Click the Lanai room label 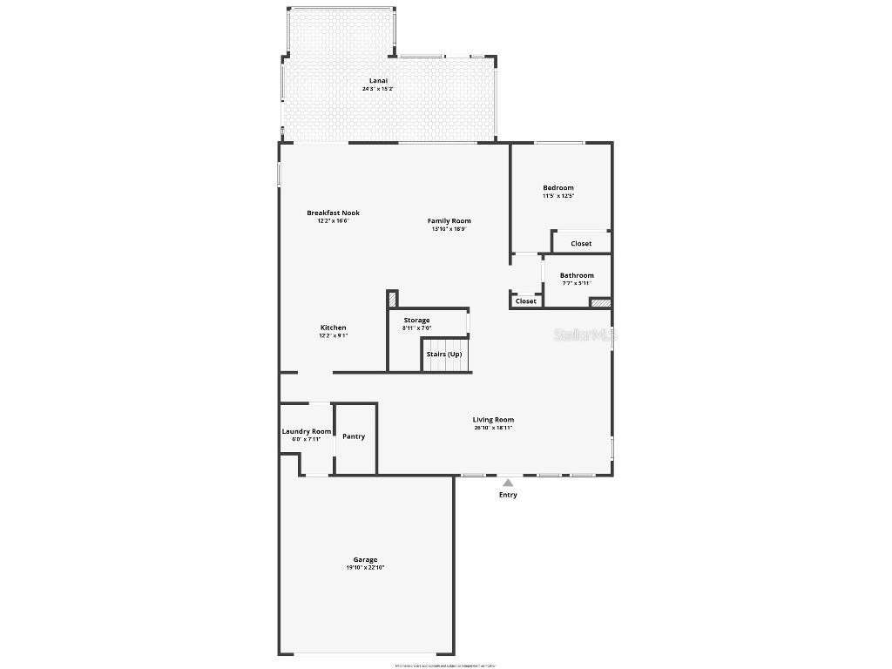[378, 81]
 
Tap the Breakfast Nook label [333, 213]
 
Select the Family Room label [449, 221]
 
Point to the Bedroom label [558, 188]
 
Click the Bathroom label [577, 275]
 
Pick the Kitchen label [333, 328]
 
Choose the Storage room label [416, 321]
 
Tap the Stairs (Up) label [444, 355]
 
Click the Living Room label [493, 420]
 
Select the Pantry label [354, 436]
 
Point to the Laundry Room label [307, 431]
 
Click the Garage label [365, 560]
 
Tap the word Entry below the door [508, 495]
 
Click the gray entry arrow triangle [508, 482]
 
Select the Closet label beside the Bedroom [581, 244]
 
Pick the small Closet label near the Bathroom [526, 301]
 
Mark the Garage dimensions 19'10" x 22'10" [365, 568]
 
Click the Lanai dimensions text [378, 89]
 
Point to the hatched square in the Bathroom [600, 303]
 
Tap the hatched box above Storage [392, 299]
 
